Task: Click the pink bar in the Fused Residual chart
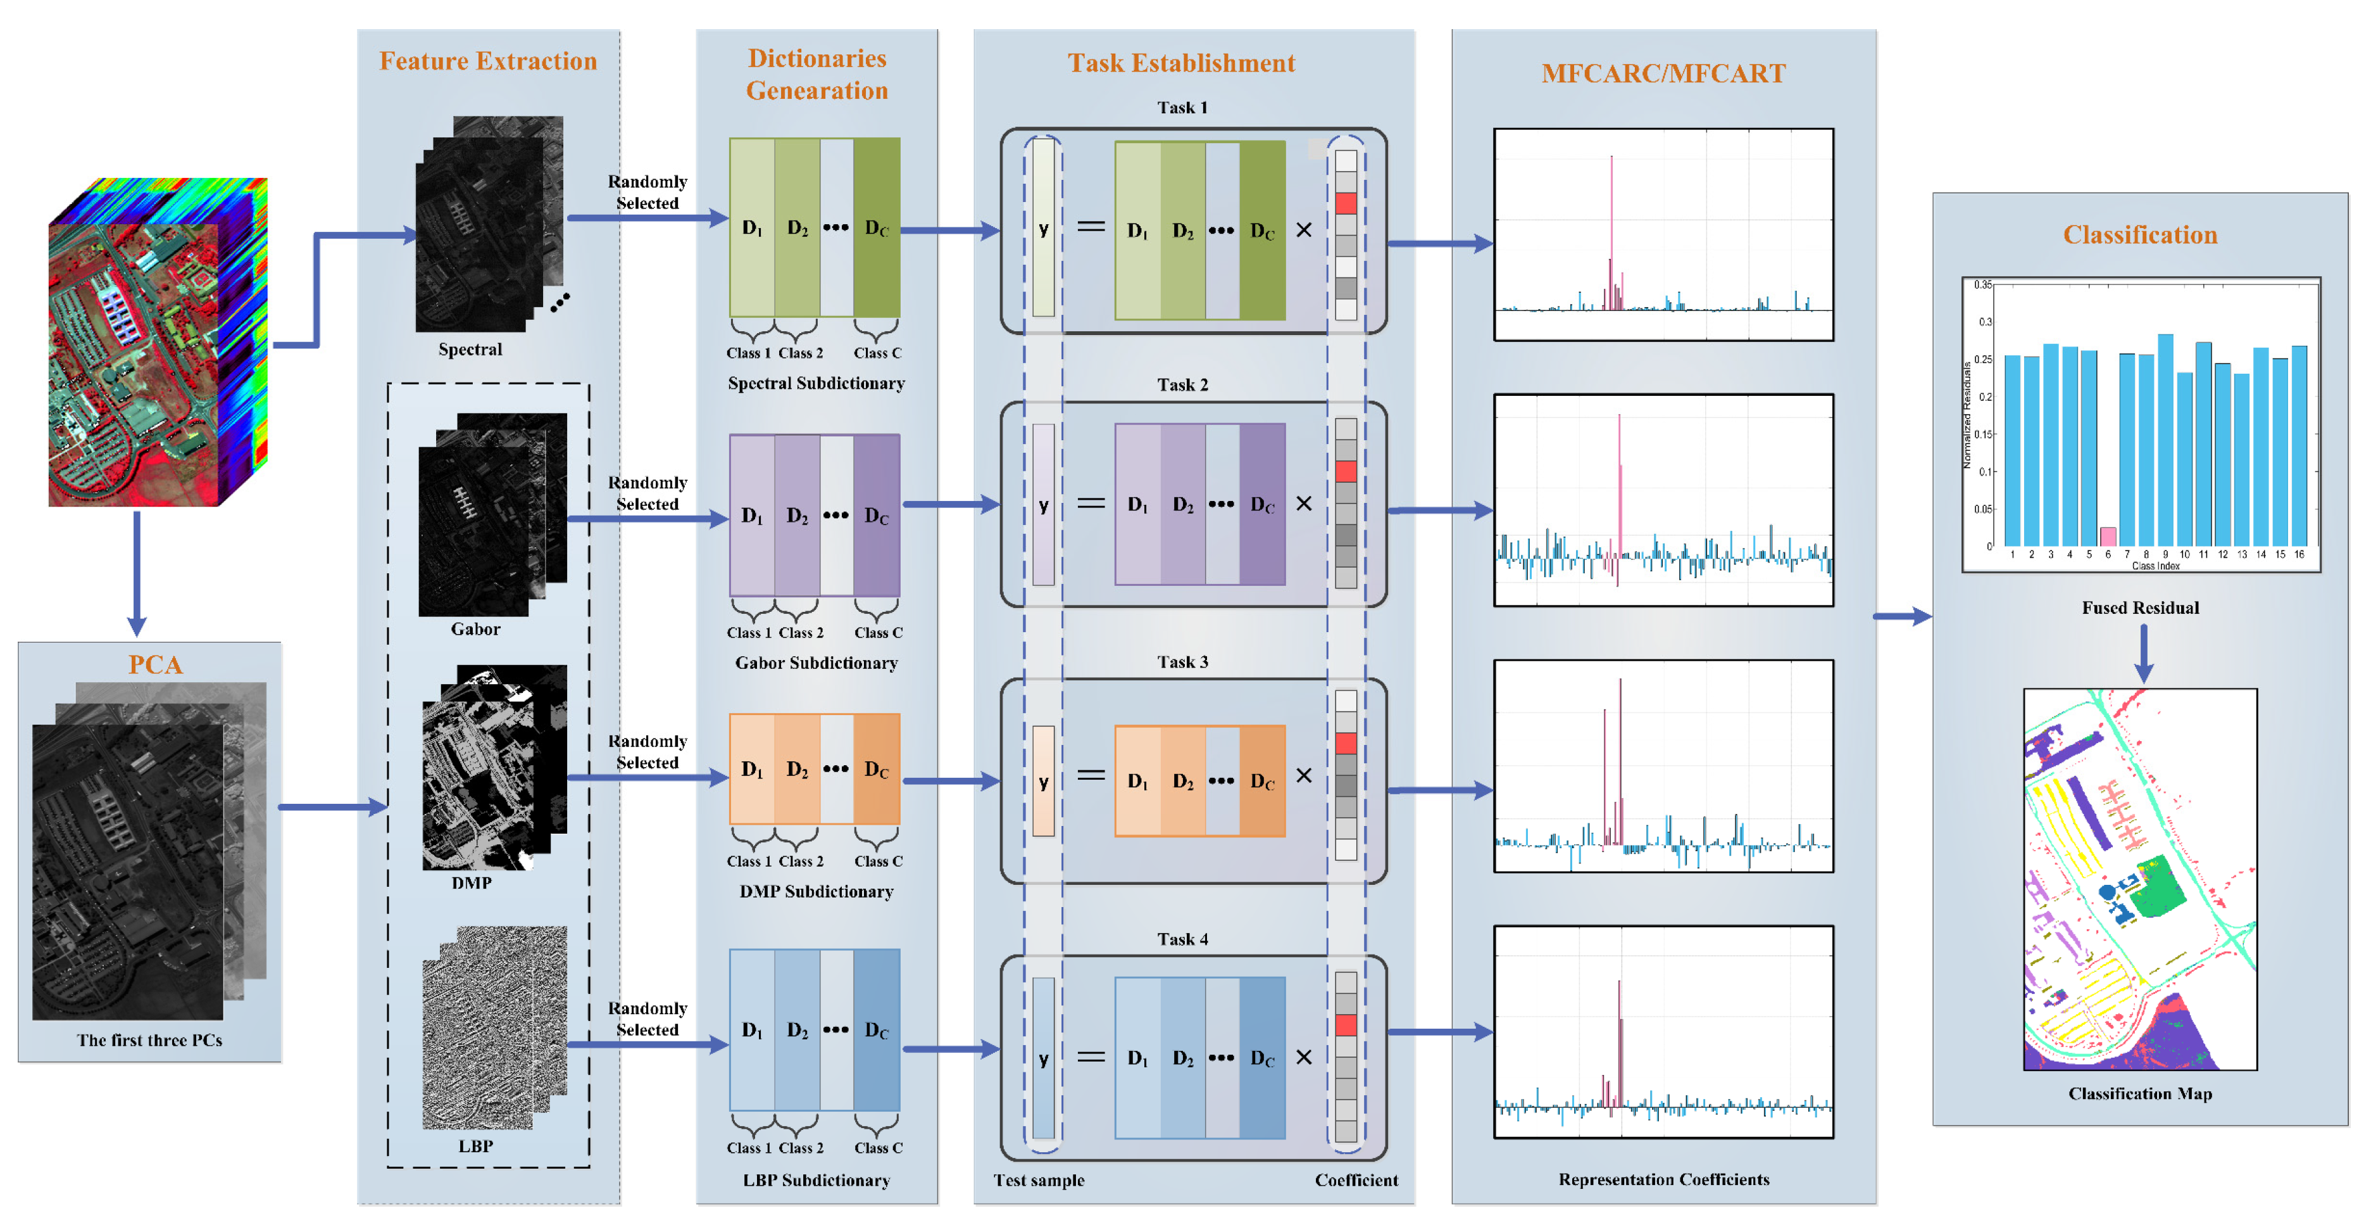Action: pos(2107,536)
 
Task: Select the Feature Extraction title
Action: pos(488,61)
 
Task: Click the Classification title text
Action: pos(2139,235)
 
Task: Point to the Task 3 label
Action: pos(1182,662)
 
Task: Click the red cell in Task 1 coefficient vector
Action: pos(1345,203)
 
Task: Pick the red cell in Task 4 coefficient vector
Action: pos(1345,1025)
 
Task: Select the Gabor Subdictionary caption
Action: pos(815,663)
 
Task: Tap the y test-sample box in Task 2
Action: pos(1043,505)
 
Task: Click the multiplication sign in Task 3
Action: pos(1303,776)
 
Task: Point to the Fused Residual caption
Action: pos(2140,607)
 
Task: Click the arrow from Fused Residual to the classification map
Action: pos(2143,654)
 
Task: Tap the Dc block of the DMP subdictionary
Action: pos(876,769)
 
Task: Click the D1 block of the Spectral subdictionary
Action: pos(752,227)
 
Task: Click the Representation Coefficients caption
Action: pos(1663,1179)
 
